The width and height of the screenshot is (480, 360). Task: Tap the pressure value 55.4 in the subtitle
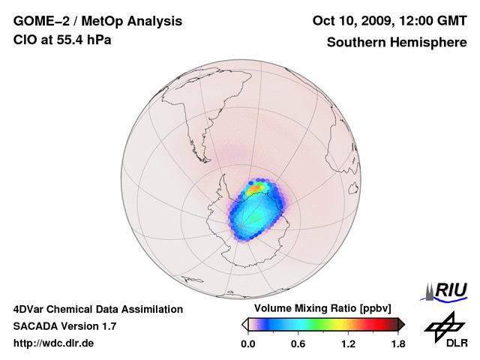[x=64, y=40]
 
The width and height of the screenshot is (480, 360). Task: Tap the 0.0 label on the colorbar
[x=247, y=343]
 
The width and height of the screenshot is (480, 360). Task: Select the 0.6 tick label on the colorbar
[x=298, y=343]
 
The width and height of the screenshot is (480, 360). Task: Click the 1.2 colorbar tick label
[x=348, y=343]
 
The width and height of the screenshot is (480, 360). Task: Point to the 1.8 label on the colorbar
[x=397, y=343]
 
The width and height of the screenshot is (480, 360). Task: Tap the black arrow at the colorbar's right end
[x=401, y=324]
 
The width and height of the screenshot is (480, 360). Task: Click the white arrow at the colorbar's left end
[x=244, y=324]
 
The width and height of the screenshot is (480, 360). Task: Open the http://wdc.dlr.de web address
[x=54, y=343]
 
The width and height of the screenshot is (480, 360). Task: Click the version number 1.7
[x=107, y=326]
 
